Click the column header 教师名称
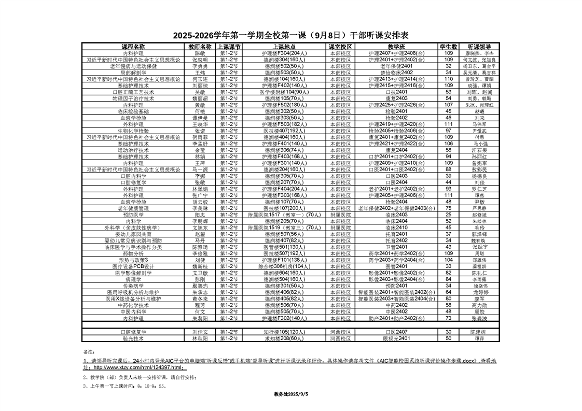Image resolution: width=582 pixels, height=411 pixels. click(199, 47)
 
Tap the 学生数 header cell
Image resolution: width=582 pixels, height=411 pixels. click(449, 47)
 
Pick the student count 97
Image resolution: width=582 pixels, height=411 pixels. click(449, 131)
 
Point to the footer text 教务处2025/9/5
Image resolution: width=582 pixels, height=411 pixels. click(291, 394)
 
